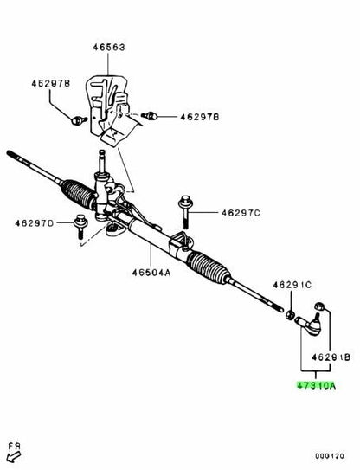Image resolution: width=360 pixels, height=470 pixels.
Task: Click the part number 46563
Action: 108,48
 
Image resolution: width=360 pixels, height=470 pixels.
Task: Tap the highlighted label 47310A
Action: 316,385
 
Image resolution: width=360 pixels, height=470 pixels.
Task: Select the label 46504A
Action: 151,273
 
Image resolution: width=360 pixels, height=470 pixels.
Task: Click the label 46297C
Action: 241,213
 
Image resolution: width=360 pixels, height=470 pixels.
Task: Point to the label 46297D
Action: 34,223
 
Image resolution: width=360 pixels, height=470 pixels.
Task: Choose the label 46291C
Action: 292,285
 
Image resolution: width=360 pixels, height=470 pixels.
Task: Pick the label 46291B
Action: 331,357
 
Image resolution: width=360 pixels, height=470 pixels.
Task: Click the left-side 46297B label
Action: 51,83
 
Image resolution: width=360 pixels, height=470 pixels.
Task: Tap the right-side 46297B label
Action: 200,117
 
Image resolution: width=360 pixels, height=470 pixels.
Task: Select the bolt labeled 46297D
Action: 80,226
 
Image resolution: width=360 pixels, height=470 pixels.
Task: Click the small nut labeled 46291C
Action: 289,315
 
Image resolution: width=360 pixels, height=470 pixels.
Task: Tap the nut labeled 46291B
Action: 319,306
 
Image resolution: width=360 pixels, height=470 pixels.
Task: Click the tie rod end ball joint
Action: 310,325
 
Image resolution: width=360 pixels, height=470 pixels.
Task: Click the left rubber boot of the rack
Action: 79,194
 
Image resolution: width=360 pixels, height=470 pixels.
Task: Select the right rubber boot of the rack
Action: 208,267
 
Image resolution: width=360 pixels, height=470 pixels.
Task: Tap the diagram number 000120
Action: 330,456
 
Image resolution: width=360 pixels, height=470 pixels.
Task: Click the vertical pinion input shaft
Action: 102,161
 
